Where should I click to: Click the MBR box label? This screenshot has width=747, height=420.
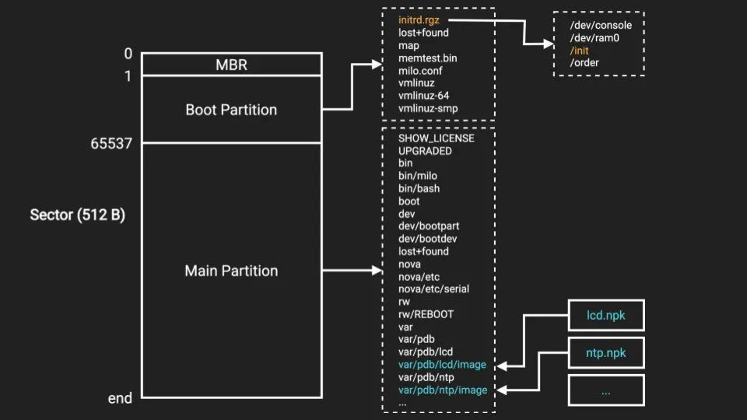[231, 65]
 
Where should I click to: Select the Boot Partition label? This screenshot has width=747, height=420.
[231, 110]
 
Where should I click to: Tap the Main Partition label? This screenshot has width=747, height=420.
[231, 271]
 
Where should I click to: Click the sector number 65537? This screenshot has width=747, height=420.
[112, 143]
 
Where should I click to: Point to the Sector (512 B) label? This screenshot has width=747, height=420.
[77, 215]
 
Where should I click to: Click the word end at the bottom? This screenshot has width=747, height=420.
[120, 398]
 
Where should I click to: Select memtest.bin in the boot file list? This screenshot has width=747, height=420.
[428, 58]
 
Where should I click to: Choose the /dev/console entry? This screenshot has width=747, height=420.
[601, 25]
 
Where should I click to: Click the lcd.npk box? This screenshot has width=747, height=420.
[606, 316]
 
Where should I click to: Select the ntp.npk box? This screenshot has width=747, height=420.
[606, 353]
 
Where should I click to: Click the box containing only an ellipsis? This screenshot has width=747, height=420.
[606, 390]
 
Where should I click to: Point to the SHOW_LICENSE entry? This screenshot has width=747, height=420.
[436, 138]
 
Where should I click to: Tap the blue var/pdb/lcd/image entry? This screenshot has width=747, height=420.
[442, 365]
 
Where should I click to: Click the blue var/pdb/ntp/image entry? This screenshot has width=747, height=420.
[443, 390]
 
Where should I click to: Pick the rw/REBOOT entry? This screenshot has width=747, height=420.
[426, 314]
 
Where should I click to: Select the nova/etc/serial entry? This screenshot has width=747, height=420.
[433, 289]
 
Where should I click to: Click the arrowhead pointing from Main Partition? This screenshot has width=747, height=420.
[374, 271]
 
